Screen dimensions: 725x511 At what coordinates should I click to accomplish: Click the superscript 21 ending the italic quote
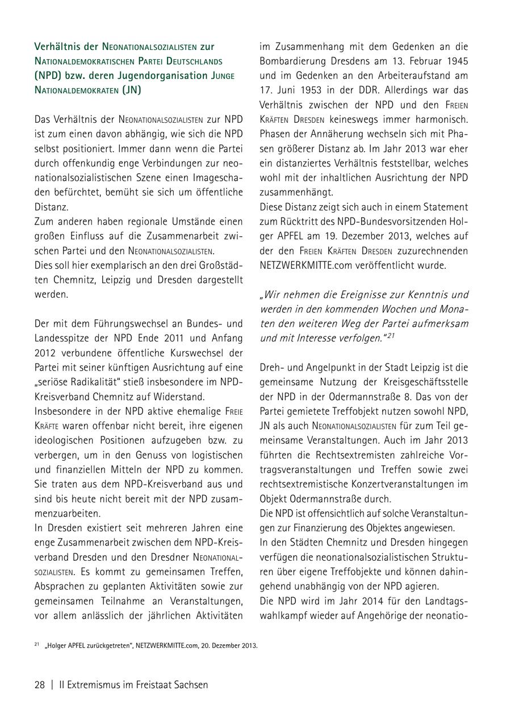[391, 336]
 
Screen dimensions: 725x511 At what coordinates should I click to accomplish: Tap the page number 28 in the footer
[40, 685]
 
